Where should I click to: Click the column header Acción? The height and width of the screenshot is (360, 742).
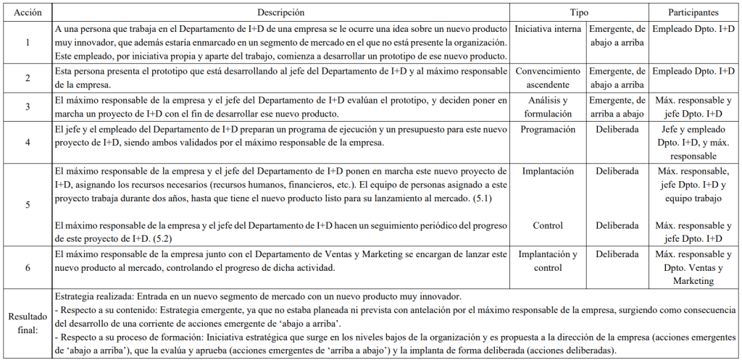pos(28,13)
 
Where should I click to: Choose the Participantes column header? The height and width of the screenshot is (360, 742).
pos(693,13)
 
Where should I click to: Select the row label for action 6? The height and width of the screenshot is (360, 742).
pos(28,267)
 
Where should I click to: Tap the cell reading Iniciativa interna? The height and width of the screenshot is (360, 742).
pos(547,30)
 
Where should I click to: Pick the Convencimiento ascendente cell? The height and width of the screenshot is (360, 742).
pos(547,78)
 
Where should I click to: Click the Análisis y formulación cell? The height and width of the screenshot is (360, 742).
pos(547,106)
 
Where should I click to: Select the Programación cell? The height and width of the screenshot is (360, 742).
pos(547,129)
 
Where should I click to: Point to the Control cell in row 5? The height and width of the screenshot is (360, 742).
pos(547,225)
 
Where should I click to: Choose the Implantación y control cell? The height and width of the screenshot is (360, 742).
pos(547,261)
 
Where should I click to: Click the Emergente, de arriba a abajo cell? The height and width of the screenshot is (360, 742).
pos(617,106)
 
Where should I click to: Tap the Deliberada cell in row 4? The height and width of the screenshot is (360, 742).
pos(617,129)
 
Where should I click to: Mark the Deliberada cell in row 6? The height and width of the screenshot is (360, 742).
pos(617,254)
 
